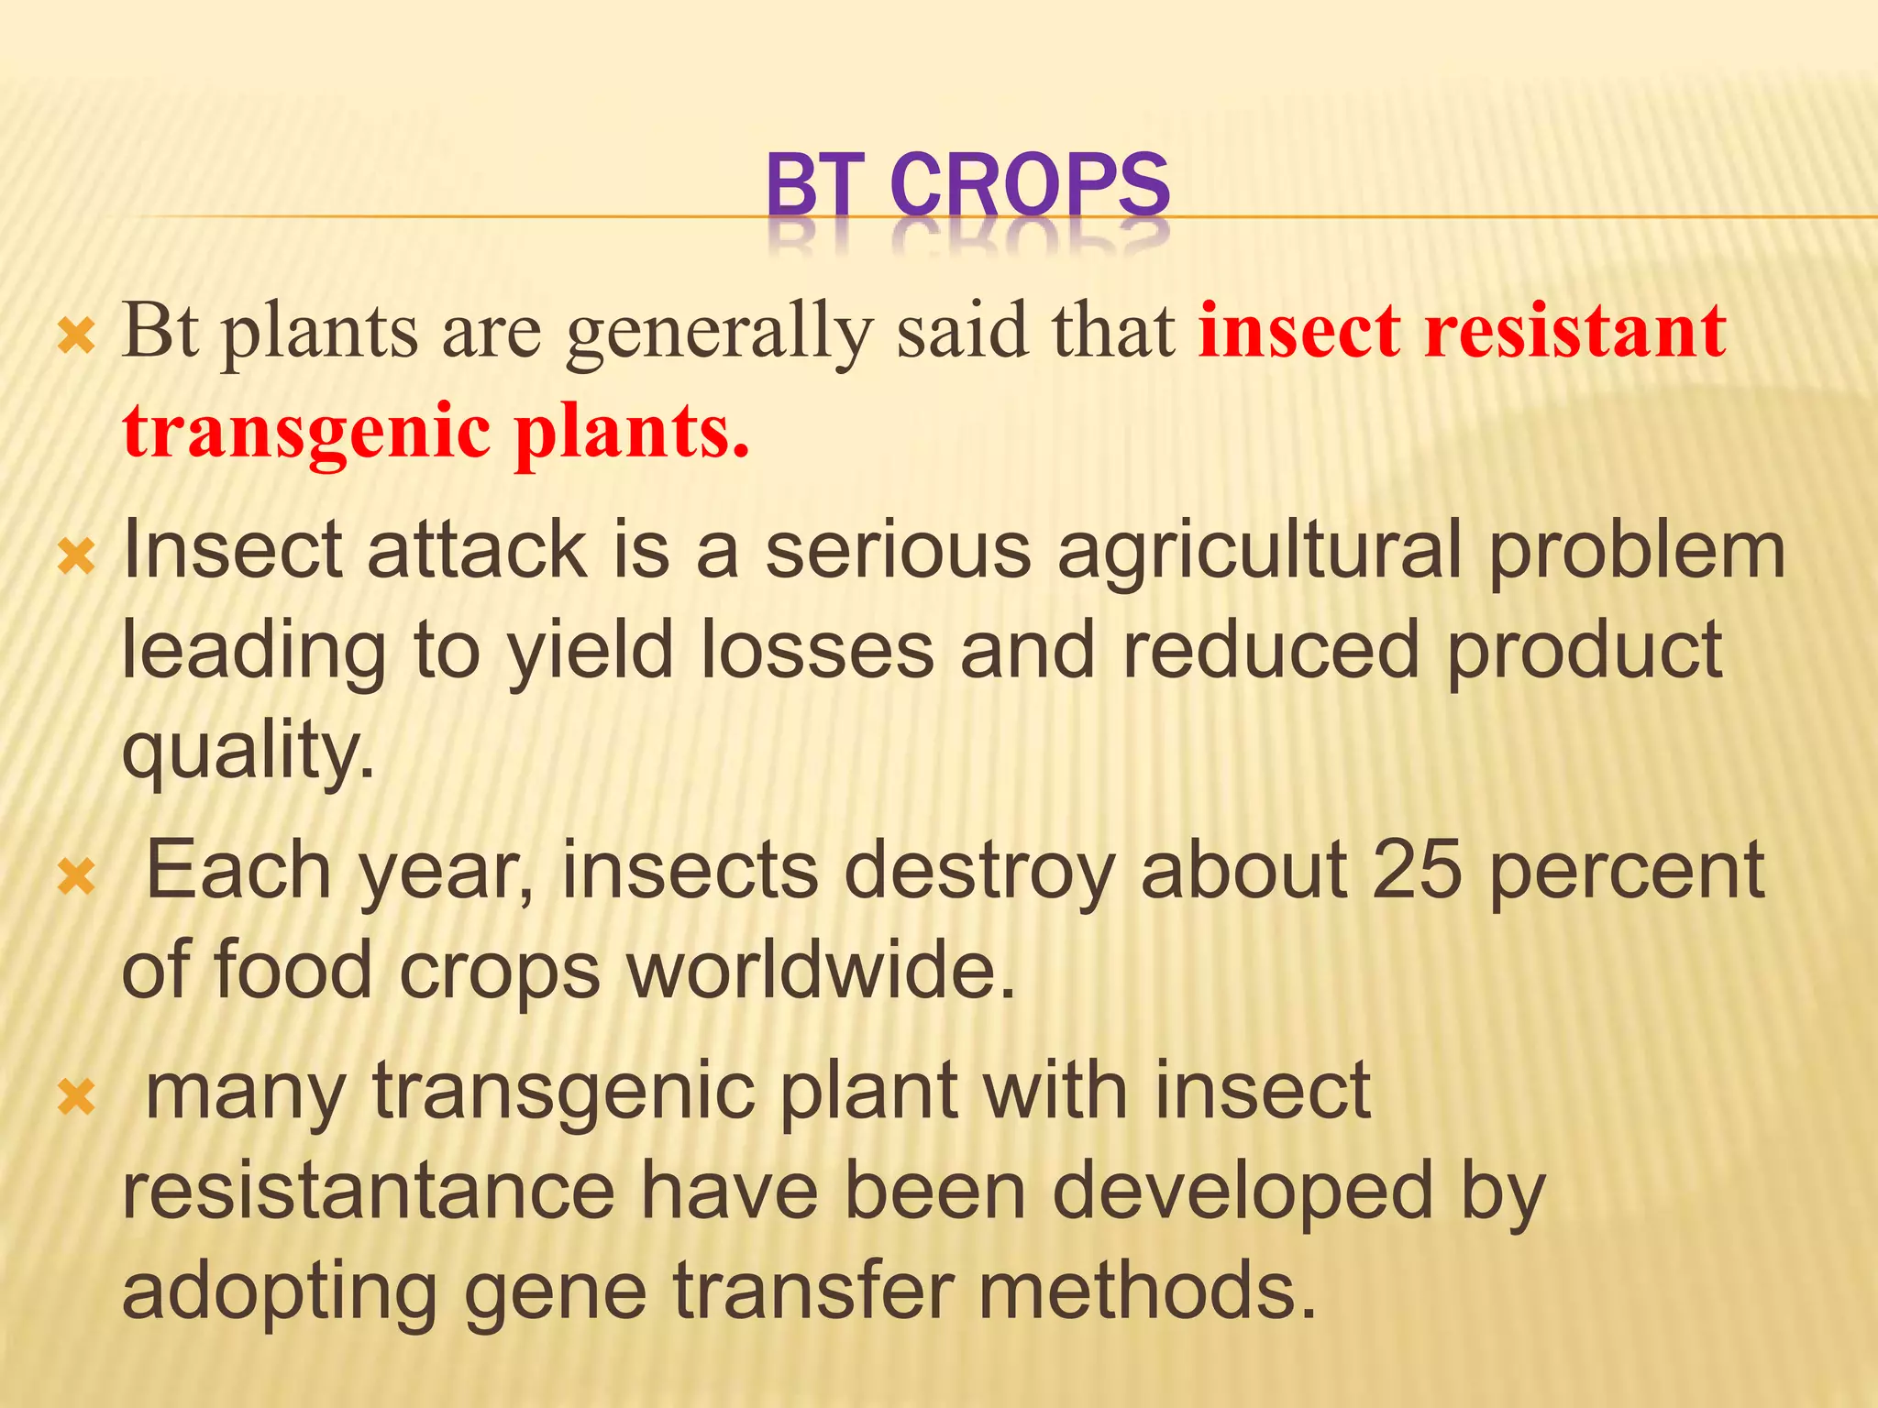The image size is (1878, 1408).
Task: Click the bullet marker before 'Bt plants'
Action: pos(76,338)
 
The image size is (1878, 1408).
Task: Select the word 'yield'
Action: pos(591,650)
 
